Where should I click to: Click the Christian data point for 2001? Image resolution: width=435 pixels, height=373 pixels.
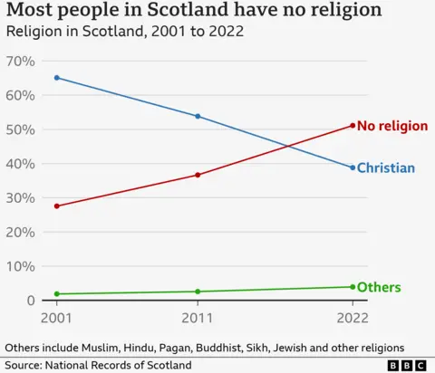coord(57,78)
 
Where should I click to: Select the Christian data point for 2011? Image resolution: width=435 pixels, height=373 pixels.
coord(198,116)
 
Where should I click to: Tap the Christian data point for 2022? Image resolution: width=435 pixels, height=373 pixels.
coord(353,167)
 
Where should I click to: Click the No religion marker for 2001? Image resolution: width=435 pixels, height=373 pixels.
coord(57,206)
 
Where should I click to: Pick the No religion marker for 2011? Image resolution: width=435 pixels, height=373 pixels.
coord(198,175)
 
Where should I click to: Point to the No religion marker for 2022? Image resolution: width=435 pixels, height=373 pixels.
coord(353,125)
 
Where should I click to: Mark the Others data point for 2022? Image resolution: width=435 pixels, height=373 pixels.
coord(353,287)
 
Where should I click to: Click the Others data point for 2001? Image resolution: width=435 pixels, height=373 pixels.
coord(57,294)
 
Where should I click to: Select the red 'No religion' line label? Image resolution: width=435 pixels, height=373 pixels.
coord(392,126)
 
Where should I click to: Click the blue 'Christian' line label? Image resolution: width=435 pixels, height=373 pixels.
coord(386,168)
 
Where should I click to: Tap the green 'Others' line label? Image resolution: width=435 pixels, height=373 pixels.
coord(379,288)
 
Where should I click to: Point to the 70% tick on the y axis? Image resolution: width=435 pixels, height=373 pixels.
coord(20,61)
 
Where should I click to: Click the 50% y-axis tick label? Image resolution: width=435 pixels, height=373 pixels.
coord(20,129)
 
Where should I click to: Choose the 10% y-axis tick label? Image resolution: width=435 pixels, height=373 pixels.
coord(20,266)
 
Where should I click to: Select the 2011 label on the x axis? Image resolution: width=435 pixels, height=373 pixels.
coord(198,318)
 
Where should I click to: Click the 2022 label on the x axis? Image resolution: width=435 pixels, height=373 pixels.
coord(353,318)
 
